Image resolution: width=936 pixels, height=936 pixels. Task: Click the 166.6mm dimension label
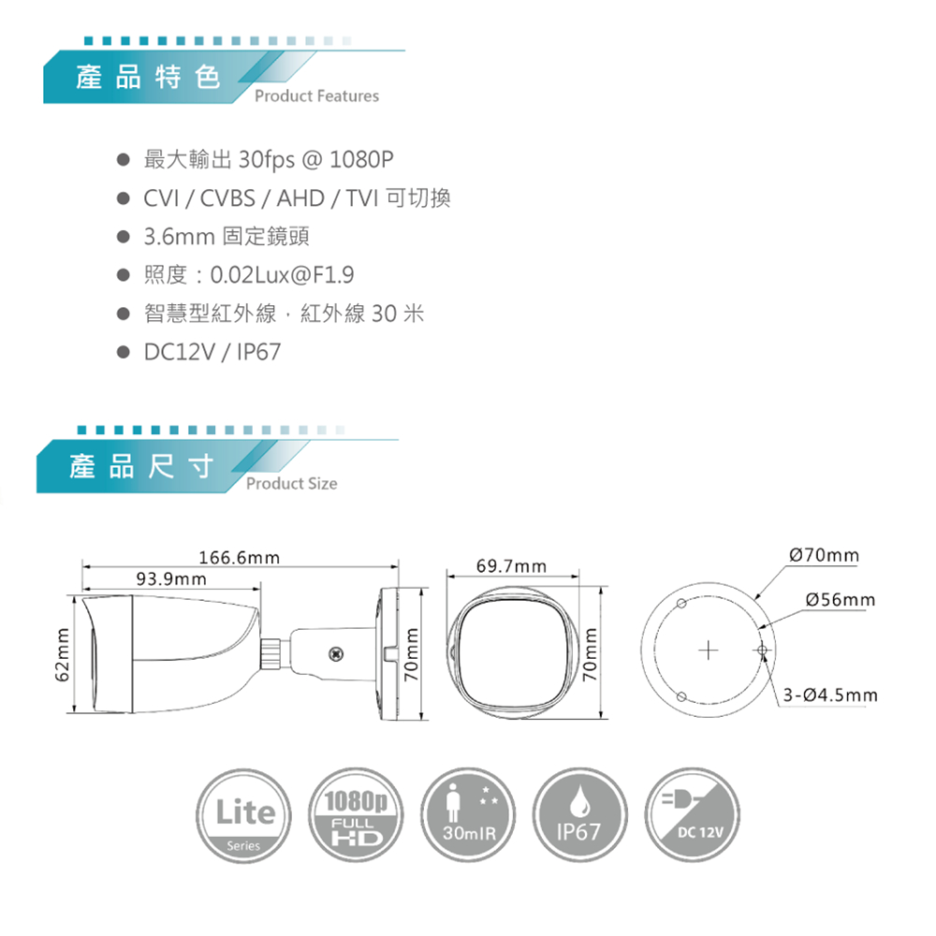[x=239, y=558]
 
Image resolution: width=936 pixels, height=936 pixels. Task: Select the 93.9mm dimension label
[x=171, y=579]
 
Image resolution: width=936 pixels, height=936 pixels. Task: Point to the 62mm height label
[x=62, y=653]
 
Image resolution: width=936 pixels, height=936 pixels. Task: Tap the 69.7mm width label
[x=512, y=566]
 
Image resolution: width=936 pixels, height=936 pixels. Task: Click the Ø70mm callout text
[x=824, y=555]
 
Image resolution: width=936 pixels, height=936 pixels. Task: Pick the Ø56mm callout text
[x=841, y=599]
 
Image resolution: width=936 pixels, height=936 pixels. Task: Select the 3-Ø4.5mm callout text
[x=830, y=695]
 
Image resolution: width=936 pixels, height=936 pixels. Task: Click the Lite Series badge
[x=243, y=815]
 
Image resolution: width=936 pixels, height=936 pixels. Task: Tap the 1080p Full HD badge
[x=356, y=815]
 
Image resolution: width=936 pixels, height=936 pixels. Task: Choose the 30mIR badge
[x=468, y=815]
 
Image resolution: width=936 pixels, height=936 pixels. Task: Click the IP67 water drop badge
[x=579, y=815]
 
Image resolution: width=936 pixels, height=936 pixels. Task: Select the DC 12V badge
[x=692, y=815]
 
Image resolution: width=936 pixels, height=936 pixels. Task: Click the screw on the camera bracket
[x=337, y=653]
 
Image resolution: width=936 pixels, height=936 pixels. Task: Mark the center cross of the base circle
[x=709, y=650]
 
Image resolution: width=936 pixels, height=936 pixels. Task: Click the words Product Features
[x=316, y=96]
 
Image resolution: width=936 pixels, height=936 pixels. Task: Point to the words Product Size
[x=291, y=484]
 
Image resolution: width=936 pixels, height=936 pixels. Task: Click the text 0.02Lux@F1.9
[x=283, y=275]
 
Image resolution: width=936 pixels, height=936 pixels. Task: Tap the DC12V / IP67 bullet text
[x=212, y=352]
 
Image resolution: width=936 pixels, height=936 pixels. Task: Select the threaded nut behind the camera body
[x=271, y=654]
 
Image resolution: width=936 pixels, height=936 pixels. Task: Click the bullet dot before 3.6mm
[x=123, y=237]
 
